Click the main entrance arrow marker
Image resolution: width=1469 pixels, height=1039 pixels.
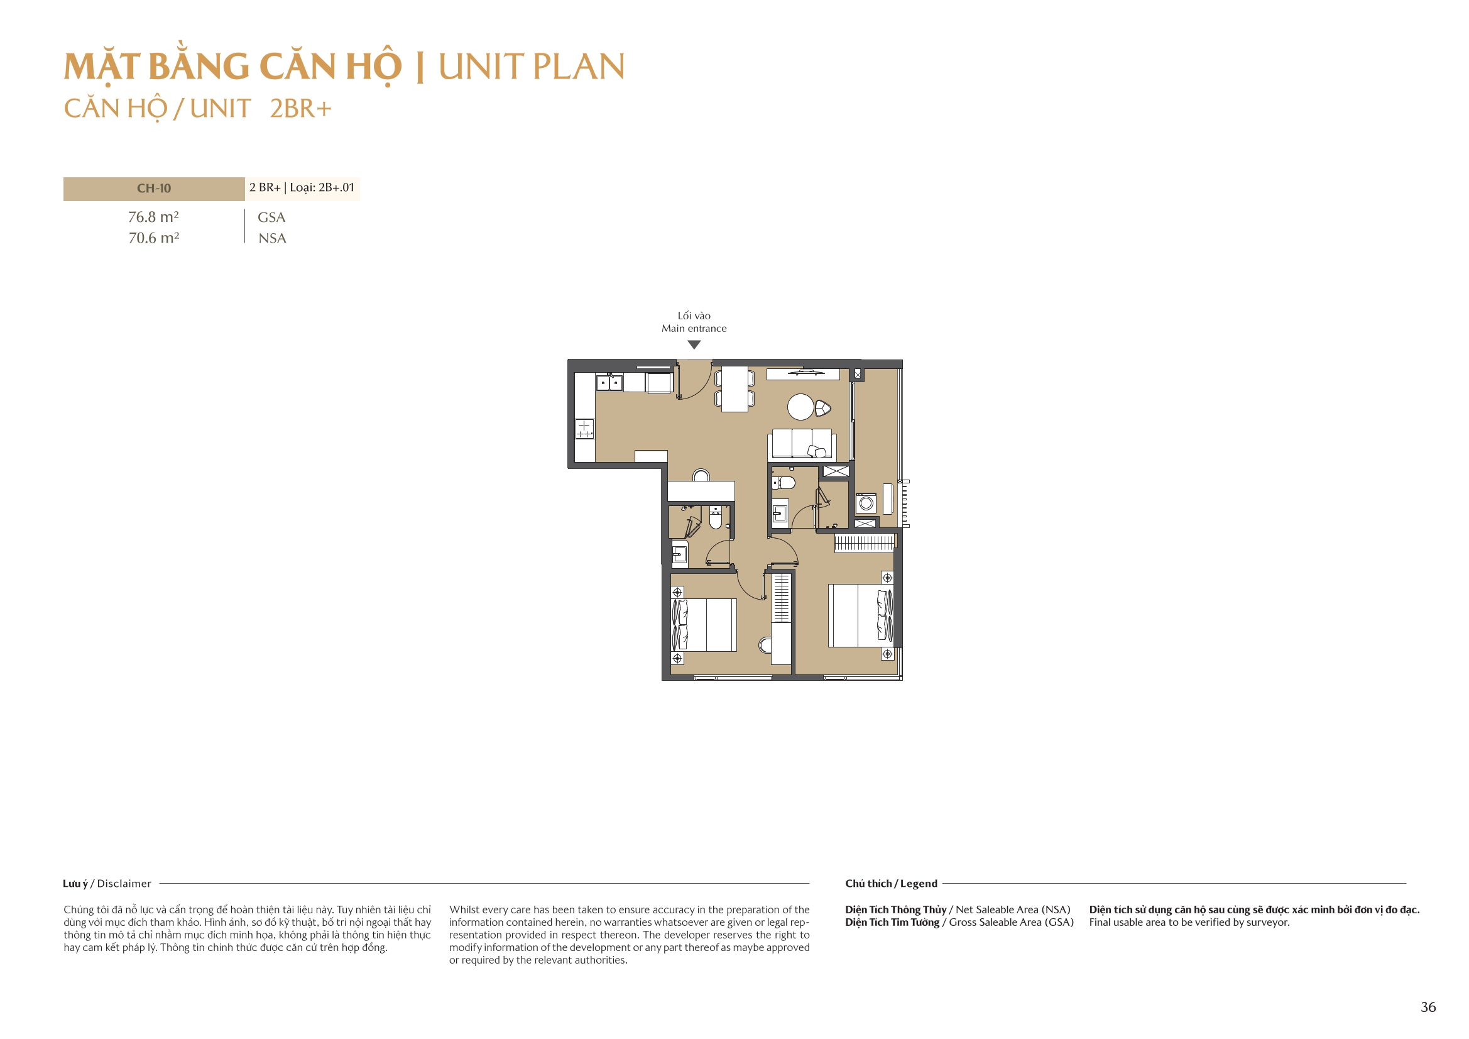pos(694,344)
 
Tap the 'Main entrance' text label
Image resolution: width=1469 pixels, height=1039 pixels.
pos(694,328)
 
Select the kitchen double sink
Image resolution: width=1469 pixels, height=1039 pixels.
pos(608,383)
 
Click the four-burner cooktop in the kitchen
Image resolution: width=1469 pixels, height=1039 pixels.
pos(584,428)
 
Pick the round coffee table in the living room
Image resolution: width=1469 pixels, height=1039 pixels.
pos(800,407)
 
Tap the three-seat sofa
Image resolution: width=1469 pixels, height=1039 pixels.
pos(802,443)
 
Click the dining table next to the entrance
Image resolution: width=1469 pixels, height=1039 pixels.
pos(734,388)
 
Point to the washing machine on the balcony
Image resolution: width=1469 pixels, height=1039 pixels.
pos(866,503)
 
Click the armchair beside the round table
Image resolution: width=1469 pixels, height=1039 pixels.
pos(823,408)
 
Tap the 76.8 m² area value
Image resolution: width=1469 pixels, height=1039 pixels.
pos(153,217)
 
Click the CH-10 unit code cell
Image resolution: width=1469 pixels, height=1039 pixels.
pos(153,188)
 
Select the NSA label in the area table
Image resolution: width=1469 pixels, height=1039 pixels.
pos(272,238)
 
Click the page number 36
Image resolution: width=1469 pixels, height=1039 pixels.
pos(1428,1007)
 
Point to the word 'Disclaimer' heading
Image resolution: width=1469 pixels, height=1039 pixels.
pos(124,884)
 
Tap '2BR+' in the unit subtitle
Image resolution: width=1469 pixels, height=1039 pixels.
pos(300,108)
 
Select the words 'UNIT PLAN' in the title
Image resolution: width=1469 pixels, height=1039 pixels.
pos(531,67)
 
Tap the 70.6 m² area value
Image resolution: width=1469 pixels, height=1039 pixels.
pos(153,238)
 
